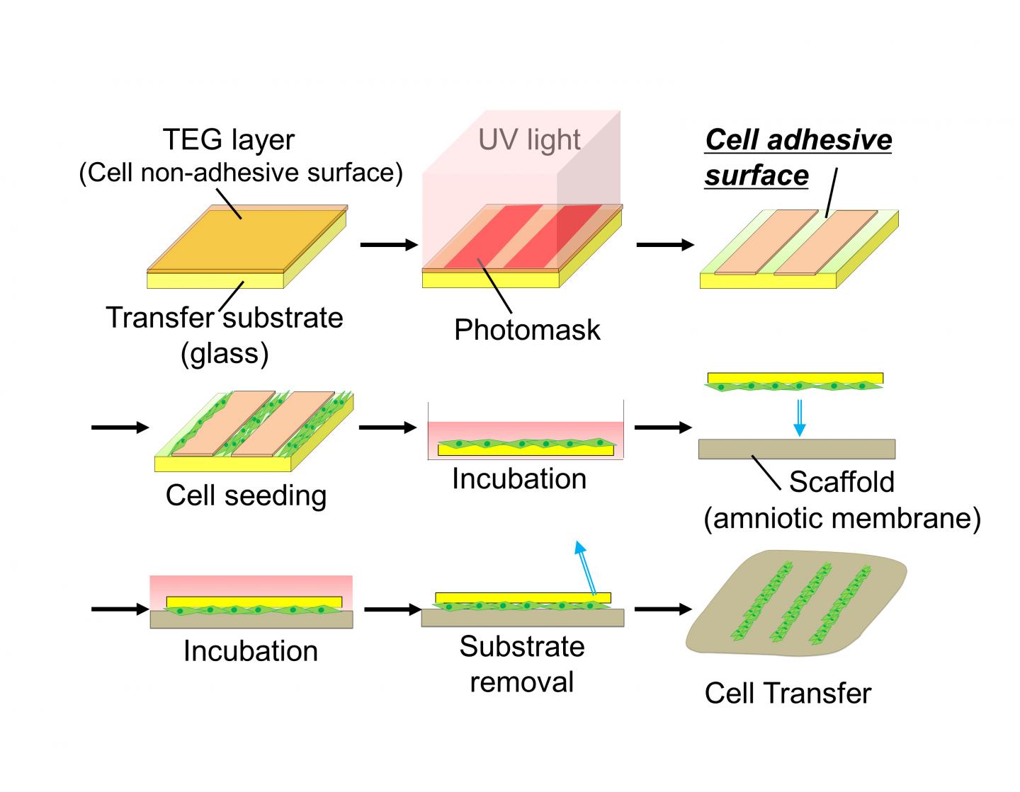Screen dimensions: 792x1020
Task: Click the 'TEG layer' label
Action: tap(228, 139)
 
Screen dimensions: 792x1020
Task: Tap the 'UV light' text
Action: tap(529, 140)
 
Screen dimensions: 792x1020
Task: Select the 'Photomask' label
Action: tap(527, 330)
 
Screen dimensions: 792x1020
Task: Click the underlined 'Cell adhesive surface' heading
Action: tap(798, 157)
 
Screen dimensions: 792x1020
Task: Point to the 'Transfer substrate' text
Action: tap(225, 318)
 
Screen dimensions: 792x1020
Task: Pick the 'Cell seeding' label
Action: tap(246, 495)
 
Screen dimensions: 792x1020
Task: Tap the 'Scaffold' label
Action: tap(841, 482)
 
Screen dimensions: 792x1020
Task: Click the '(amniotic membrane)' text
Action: tap(841, 518)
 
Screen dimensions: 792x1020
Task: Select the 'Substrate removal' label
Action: tap(522, 664)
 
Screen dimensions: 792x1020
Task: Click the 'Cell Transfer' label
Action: tap(788, 693)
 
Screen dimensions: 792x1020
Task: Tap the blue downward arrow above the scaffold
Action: tap(799, 418)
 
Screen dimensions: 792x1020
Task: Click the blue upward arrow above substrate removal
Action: tap(586, 567)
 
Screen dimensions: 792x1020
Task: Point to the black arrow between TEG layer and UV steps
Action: tap(389, 245)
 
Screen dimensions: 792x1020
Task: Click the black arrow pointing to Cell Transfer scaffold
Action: tap(662, 609)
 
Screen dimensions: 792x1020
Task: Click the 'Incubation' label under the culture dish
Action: tap(519, 479)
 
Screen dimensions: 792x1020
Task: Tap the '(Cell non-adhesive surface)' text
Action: tap(241, 173)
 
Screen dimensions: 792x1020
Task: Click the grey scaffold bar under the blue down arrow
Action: tap(796, 449)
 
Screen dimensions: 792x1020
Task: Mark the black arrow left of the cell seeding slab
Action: tap(120, 427)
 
